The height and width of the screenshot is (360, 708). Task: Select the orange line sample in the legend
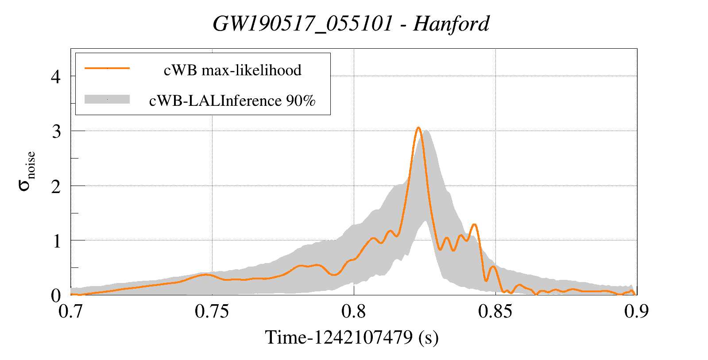click(107, 68)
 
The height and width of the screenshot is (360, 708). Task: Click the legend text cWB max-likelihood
click(232, 70)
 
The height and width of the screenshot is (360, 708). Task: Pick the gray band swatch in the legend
click(107, 99)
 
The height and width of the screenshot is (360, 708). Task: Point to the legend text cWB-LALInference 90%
click(232, 101)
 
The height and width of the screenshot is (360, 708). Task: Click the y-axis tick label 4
click(56, 77)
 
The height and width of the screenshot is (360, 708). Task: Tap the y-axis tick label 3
click(56, 132)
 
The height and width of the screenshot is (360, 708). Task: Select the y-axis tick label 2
click(56, 186)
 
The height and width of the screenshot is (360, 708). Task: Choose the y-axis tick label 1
click(56, 241)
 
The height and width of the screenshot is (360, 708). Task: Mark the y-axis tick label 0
click(56, 295)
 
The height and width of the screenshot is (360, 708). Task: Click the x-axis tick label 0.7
click(71, 312)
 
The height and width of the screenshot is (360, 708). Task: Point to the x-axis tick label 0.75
click(212, 312)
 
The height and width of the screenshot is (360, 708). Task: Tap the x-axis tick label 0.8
click(354, 312)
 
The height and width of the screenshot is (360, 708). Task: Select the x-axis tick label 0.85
click(495, 312)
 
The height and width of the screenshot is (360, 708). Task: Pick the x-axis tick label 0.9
click(636, 312)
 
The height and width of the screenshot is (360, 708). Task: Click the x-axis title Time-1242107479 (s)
click(352, 337)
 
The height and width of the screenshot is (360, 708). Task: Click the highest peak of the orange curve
click(418, 128)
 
